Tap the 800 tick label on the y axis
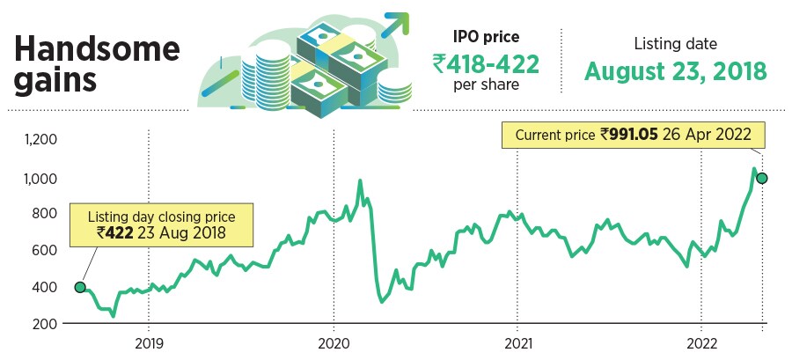[x=42, y=214]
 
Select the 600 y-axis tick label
[x=42, y=251]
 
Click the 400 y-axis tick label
[x=42, y=287]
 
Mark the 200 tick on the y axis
[x=42, y=324]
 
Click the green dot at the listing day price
[x=80, y=287]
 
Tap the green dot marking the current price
[x=762, y=178]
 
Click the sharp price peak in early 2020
[x=361, y=181]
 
